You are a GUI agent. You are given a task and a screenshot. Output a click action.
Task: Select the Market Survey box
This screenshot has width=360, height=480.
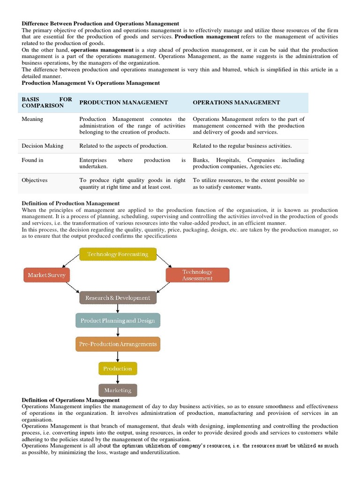(x=46, y=275)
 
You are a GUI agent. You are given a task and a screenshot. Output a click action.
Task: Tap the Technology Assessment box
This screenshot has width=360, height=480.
(x=197, y=275)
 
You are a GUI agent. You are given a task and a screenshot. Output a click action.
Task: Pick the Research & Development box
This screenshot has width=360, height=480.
(x=118, y=298)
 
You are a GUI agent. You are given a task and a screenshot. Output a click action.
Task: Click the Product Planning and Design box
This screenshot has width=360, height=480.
(x=118, y=321)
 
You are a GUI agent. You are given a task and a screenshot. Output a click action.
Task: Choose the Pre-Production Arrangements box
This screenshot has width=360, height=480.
(x=118, y=344)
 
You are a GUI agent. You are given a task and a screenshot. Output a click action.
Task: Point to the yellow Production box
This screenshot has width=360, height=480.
(x=118, y=368)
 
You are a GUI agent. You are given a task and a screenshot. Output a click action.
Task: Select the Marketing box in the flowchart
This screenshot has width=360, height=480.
(x=118, y=390)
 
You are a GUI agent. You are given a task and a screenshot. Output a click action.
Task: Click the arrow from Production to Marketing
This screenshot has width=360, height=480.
(x=118, y=379)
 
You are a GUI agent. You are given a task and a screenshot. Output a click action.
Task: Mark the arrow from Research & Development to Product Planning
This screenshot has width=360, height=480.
(x=118, y=309)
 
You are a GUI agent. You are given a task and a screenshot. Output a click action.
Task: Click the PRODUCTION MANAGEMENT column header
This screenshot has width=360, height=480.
(x=123, y=102)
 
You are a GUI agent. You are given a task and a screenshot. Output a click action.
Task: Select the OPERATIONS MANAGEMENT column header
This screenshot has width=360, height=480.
(x=236, y=102)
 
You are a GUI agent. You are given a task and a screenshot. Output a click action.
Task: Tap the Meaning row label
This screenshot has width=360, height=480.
(x=32, y=119)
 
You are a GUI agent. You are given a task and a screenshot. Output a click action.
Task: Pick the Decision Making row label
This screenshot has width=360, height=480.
(x=42, y=146)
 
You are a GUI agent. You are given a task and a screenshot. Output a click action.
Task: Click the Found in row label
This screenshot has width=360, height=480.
(x=32, y=160)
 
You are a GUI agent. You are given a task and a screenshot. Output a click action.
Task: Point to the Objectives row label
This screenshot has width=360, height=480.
(x=34, y=180)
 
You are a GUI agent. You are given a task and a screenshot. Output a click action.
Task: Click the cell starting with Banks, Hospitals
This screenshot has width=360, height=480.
(x=248, y=163)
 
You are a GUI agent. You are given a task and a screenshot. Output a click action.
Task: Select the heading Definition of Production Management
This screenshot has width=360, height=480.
(x=71, y=203)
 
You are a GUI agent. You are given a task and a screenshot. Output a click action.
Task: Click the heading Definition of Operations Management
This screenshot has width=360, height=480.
(x=71, y=400)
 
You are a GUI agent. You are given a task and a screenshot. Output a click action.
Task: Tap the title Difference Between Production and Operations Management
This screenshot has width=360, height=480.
(x=100, y=23)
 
